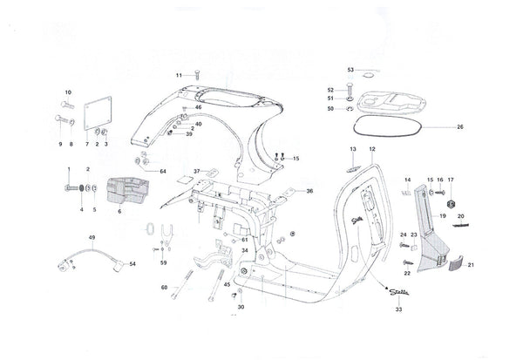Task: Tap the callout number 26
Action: tap(460, 128)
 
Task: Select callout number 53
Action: tap(351, 70)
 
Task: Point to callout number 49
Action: tap(91, 237)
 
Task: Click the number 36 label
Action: tap(309, 191)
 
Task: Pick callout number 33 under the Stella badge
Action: tap(398, 309)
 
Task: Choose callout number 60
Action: tap(164, 288)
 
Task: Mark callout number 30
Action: tap(241, 307)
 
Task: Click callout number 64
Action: tap(162, 172)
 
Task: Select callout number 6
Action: tap(119, 212)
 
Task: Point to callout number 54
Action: tap(132, 263)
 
